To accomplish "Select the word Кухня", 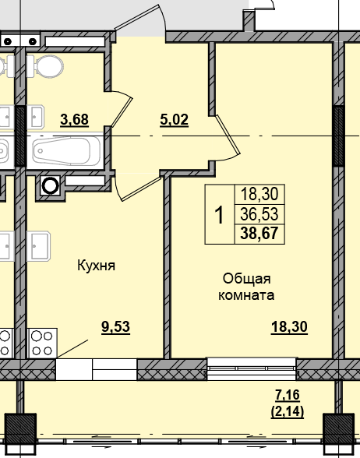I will pyautogui.click(x=96, y=266).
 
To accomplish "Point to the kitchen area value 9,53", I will pyautogui.click(x=115, y=327).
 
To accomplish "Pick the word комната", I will pyautogui.click(x=248, y=296).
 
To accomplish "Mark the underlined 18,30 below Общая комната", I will pyautogui.click(x=290, y=327).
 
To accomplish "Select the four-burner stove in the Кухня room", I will pyautogui.click(x=42, y=343).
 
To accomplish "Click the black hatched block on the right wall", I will pyautogui.click(x=338, y=136).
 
